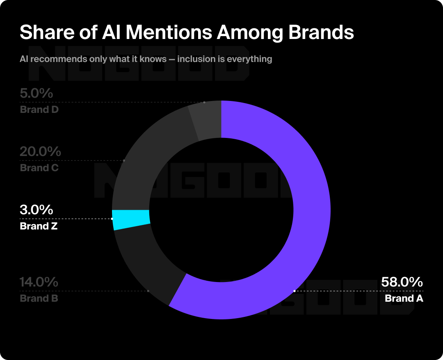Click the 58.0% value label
tap(402, 282)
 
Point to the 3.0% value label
tap(37, 210)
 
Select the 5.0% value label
tap(37, 94)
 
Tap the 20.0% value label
tap(40, 152)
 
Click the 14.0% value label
tap(39, 282)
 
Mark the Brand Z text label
tap(39, 226)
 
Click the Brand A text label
tap(404, 298)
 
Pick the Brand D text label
tap(39, 110)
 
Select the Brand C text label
tap(39, 168)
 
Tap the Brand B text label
tap(39, 298)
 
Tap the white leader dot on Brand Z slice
tap(112, 219)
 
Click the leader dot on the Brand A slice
tap(295, 291)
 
